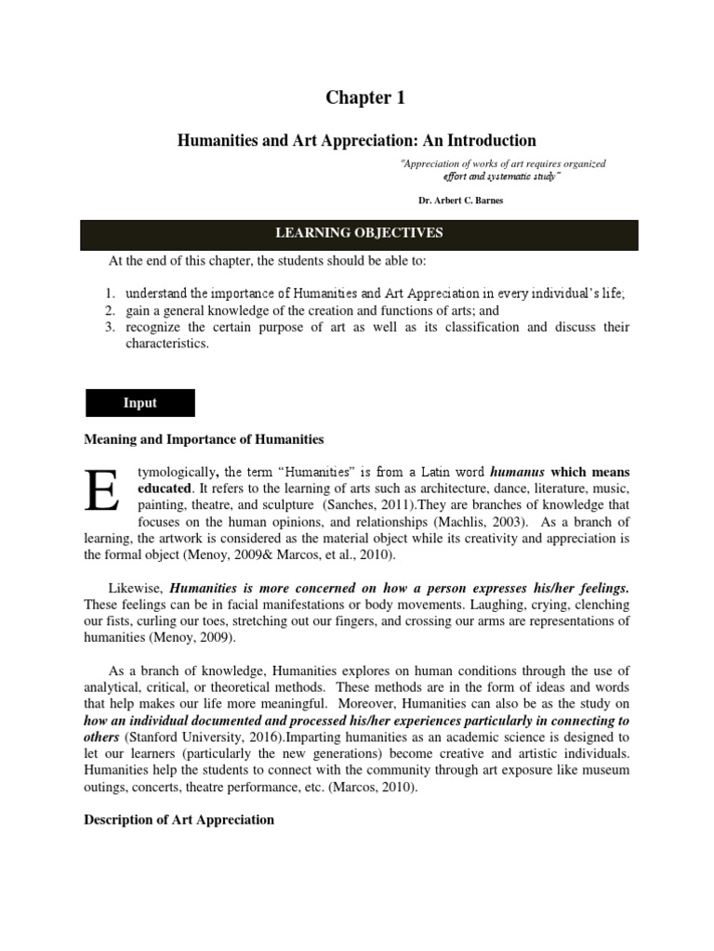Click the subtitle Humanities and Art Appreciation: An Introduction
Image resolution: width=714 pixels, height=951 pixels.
tap(357, 140)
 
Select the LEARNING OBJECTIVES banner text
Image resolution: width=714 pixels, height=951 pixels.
tap(357, 232)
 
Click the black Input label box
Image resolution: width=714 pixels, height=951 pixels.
tap(140, 403)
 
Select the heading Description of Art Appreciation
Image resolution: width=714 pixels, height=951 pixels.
tap(179, 819)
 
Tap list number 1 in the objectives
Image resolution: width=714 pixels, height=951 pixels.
tap(109, 293)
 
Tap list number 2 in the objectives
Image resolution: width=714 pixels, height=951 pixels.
tap(109, 310)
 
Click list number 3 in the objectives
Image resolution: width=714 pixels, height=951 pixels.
tap(109, 327)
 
